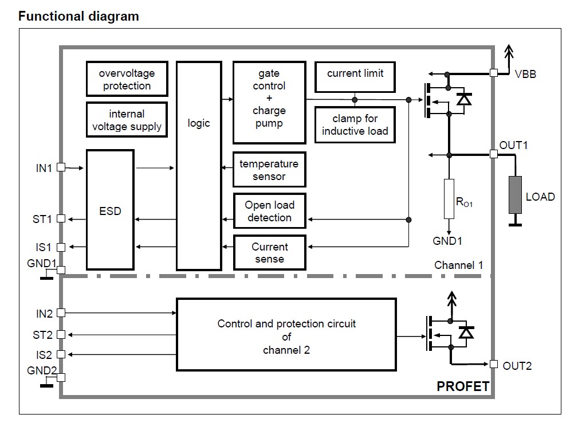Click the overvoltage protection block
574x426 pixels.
pos(127,79)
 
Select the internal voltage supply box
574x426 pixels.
pos(127,120)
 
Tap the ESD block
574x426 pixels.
pos(110,210)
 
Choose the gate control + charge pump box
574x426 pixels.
pos(269,103)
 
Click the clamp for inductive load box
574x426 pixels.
pos(355,125)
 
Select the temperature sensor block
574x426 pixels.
pos(269,170)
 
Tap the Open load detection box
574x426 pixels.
pos(269,211)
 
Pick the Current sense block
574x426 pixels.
pos(269,253)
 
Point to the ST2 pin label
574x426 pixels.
pos(42,334)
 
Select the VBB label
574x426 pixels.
pos(525,73)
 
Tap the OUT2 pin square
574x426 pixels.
pos(493,365)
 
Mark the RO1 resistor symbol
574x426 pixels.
pos(449,198)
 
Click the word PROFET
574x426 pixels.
pos(463,386)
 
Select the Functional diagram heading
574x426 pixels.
pos(78,16)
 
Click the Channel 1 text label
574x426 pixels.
pos(458,265)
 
